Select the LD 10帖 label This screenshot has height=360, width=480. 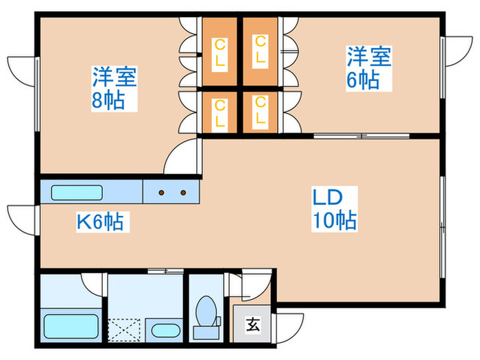click(334, 208)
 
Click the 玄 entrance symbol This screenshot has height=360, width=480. click(252, 324)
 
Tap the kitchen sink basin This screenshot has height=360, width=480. click(77, 192)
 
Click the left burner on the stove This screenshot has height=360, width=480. click(162, 193)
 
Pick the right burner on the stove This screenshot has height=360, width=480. click(183, 193)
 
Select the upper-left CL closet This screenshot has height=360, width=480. click(219, 51)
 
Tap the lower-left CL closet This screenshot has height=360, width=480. click(219, 112)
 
